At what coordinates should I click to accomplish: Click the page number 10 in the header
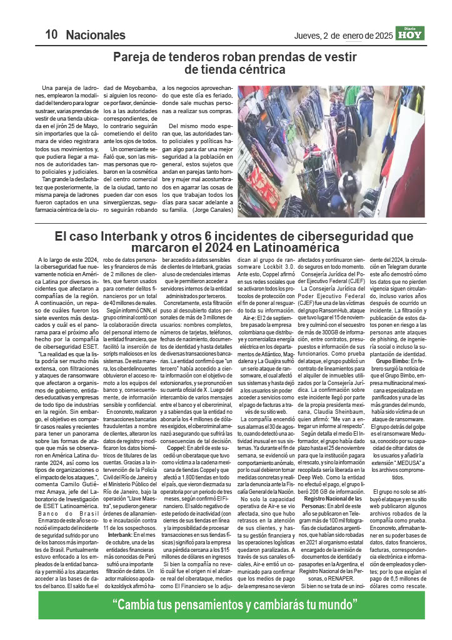tap(51, 34)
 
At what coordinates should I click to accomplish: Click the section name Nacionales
tap(96, 34)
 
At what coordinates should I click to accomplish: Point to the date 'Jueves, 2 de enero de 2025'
tap(343, 36)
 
